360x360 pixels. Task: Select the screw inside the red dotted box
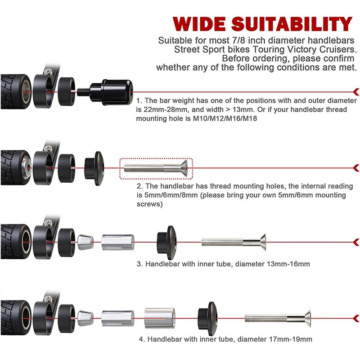click(x=155, y=168)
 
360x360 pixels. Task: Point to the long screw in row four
click(x=279, y=319)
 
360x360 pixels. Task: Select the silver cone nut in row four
click(x=85, y=318)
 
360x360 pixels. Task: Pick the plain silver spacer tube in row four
click(x=157, y=318)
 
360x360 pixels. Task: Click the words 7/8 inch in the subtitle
click(x=244, y=40)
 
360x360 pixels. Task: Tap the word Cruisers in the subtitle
click(x=337, y=49)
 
